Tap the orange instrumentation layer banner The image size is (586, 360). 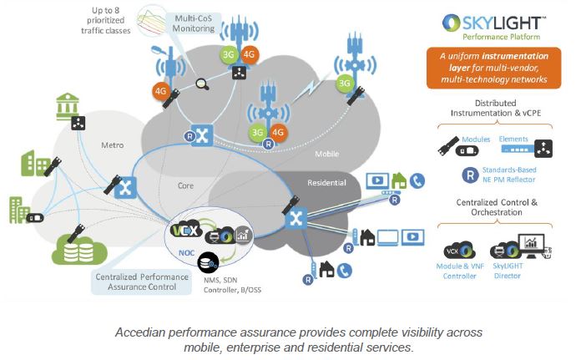pyautogui.click(x=493, y=68)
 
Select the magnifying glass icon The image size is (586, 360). pyautogui.click(x=203, y=84)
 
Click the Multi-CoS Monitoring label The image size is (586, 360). pyautogui.click(x=193, y=23)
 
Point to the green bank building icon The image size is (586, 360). pyautogui.click(x=68, y=106)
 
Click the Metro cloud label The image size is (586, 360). pyautogui.click(x=112, y=145)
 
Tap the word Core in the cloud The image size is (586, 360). pyautogui.click(x=185, y=185)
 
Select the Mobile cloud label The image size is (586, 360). pyautogui.click(x=327, y=154)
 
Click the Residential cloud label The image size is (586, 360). pyautogui.click(x=326, y=183)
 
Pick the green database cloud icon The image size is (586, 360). pyautogui.click(x=79, y=251)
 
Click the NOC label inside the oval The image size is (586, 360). pyautogui.click(x=186, y=253)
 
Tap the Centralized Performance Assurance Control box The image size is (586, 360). pyautogui.click(x=142, y=281)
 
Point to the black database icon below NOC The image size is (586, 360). pyautogui.click(x=208, y=263)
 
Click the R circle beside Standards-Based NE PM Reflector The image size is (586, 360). pyautogui.click(x=470, y=175)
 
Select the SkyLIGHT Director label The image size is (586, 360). pyautogui.click(x=508, y=271)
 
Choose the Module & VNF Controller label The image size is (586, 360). pyautogui.click(x=460, y=271)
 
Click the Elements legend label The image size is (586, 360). pyautogui.click(x=513, y=139)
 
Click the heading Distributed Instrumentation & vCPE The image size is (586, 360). pyautogui.click(x=496, y=108)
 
